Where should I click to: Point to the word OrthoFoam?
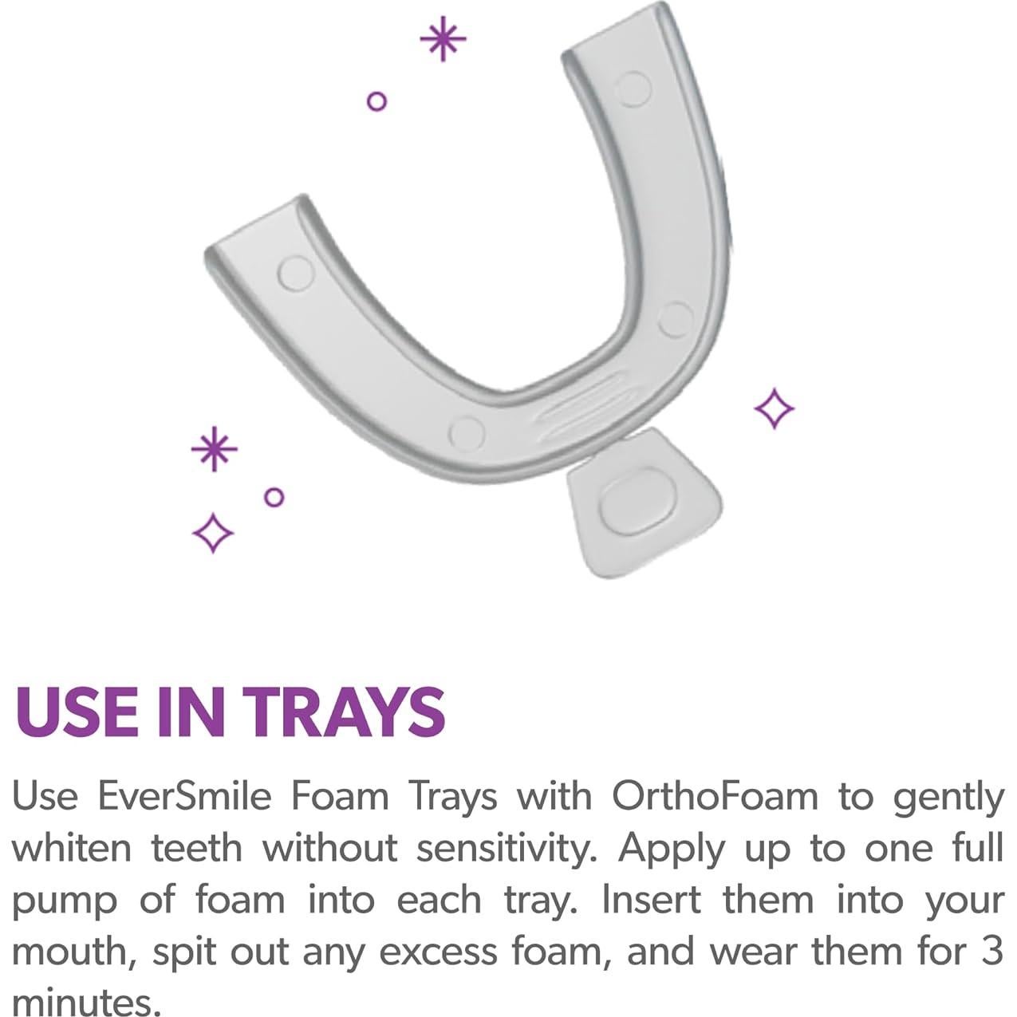click(715, 796)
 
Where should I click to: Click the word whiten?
click(70, 847)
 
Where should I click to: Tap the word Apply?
click(671, 849)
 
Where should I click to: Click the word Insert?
click(651, 899)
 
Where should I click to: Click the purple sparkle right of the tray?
click(774, 408)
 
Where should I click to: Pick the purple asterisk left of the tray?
click(214, 449)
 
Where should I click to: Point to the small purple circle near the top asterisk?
click(376, 101)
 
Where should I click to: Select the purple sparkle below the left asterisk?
click(213, 532)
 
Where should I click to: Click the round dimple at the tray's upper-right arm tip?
click(636, 89)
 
